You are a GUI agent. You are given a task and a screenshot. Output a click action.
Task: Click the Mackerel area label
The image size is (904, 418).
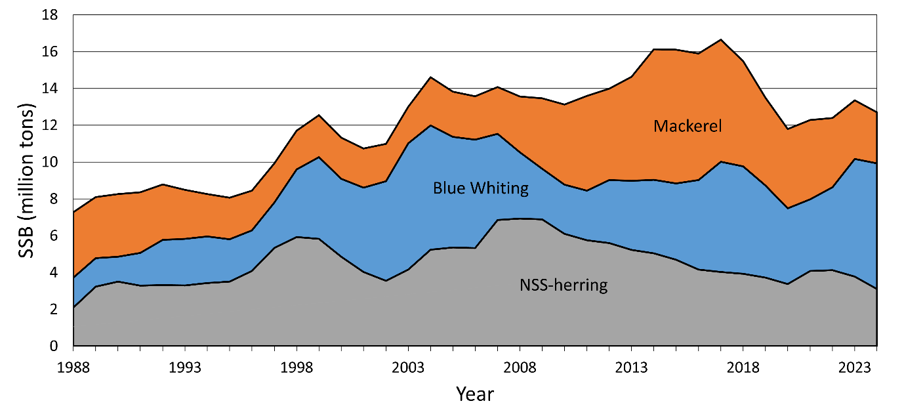point(688,126)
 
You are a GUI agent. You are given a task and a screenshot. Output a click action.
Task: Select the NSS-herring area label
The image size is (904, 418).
point(564,285)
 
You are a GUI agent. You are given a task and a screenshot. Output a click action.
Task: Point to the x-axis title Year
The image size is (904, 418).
point(475,394)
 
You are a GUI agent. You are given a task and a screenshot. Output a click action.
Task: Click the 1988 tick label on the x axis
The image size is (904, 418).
point(73,365)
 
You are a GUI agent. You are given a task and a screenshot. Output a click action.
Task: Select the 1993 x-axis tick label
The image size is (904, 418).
point(185,365)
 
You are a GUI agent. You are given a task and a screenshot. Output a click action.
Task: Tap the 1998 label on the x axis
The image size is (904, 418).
point(297,365)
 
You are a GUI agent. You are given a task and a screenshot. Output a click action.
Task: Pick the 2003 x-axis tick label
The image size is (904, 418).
point(408,365)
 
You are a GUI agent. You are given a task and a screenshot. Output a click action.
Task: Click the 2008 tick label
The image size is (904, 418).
point(520,365)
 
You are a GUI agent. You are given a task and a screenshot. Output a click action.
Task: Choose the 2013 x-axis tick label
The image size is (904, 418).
point(631,365)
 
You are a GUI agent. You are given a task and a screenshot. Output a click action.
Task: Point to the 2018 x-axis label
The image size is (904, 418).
point(743,365)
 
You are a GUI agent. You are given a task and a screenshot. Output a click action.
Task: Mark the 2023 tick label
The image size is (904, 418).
point(855,365)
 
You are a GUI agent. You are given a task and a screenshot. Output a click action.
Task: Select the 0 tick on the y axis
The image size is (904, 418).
point(61,346)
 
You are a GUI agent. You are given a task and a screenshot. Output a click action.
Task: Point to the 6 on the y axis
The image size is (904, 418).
point(61,236)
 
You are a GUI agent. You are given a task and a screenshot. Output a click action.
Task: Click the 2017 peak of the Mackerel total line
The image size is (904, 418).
point(721,39)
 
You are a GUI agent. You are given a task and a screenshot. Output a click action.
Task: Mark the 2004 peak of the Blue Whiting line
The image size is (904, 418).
point(431,125)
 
